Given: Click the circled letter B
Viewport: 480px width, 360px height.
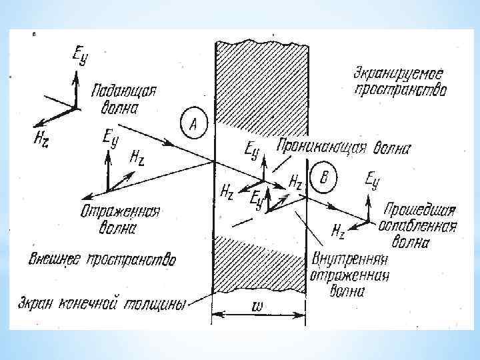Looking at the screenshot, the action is (x=325, y=177).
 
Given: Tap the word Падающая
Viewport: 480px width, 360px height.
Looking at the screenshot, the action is (x=124, y=91).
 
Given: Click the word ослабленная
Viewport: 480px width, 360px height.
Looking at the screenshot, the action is (x=417, y=227).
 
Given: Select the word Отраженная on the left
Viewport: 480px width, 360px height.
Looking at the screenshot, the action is (x=120, y=213).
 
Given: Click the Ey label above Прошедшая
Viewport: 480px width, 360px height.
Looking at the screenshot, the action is (x=373, y=179).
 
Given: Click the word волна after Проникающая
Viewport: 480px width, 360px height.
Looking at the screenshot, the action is (x=391, y=148).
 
